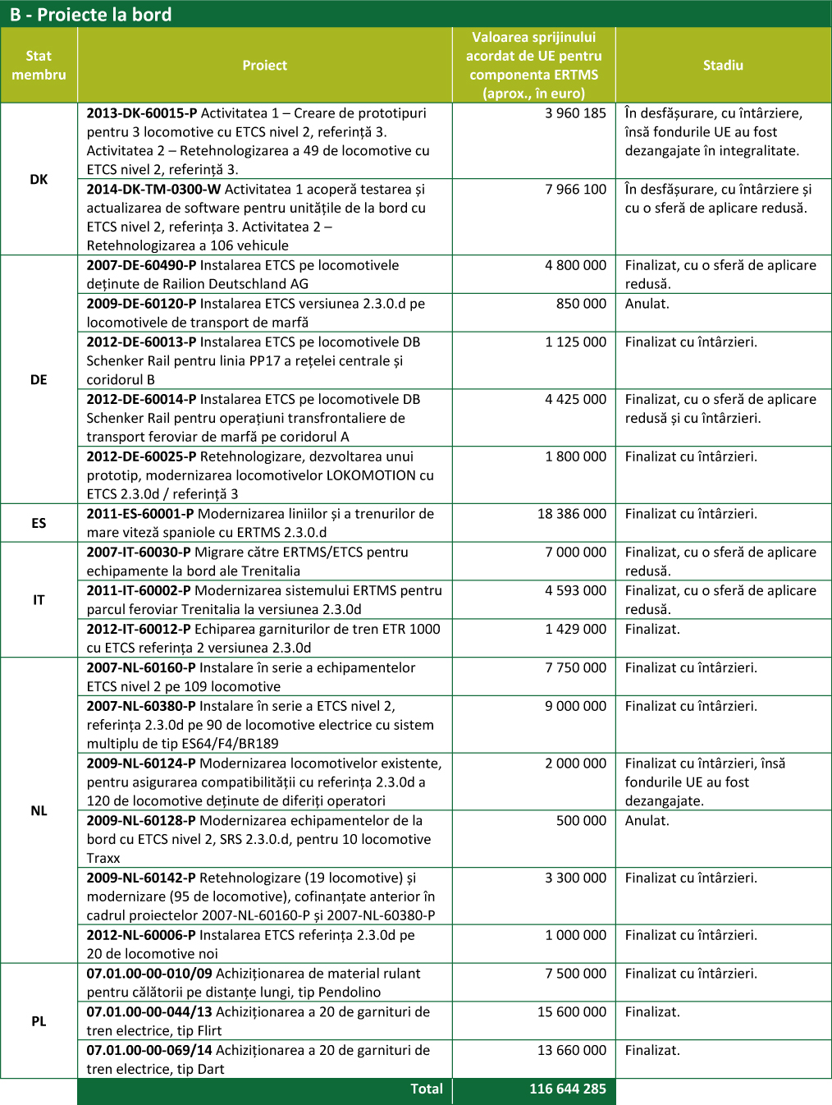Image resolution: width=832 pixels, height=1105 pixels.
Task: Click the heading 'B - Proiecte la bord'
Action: (91, 15)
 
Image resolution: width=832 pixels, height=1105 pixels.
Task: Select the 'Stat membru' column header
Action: (39, 66)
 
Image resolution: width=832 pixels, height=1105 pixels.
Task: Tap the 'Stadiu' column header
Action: (723, 66)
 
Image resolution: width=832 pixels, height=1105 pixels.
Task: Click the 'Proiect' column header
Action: (264, 66)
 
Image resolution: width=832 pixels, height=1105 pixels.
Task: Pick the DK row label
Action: (39, 179)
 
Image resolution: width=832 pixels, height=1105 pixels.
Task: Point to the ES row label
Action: (39, 523)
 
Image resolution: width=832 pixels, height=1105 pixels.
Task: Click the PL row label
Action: (39, 1021)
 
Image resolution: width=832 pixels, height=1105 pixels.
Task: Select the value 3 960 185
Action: (575, 113)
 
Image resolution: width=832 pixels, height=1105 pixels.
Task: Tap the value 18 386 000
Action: (572, 514)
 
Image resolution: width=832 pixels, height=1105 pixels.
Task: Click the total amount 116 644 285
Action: (568, 1089)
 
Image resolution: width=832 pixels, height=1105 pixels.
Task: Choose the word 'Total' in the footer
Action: (427, 1089)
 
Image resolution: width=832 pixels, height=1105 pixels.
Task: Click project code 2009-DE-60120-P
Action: (141, 304)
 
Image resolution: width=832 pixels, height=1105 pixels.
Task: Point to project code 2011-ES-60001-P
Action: (140, 514)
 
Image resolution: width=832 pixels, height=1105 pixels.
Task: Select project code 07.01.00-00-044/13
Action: (149, 1012)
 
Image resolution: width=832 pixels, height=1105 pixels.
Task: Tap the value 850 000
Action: (581, 304)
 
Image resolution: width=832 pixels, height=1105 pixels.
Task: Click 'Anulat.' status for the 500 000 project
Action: (647, 821)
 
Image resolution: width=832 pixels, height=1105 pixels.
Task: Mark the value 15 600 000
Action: (572, 1012)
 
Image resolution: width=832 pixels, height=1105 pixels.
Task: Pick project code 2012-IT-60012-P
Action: (139, 630)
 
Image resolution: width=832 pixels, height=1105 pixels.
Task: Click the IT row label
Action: (39, 600)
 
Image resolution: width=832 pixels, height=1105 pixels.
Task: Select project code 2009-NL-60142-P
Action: (141, 878)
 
